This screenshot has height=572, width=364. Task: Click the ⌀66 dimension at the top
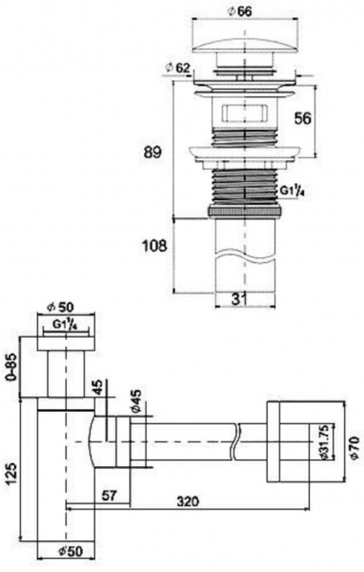point(239,10)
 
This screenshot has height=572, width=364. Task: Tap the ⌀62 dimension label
point(177,67)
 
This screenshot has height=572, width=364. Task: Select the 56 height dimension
point(303,118)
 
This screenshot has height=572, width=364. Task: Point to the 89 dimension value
point(152,153)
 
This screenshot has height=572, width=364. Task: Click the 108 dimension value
point(154,246)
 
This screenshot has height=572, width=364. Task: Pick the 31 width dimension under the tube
point(239,299)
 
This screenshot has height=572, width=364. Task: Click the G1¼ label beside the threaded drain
point(292,191)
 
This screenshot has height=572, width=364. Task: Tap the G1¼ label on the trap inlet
point(66,324)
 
